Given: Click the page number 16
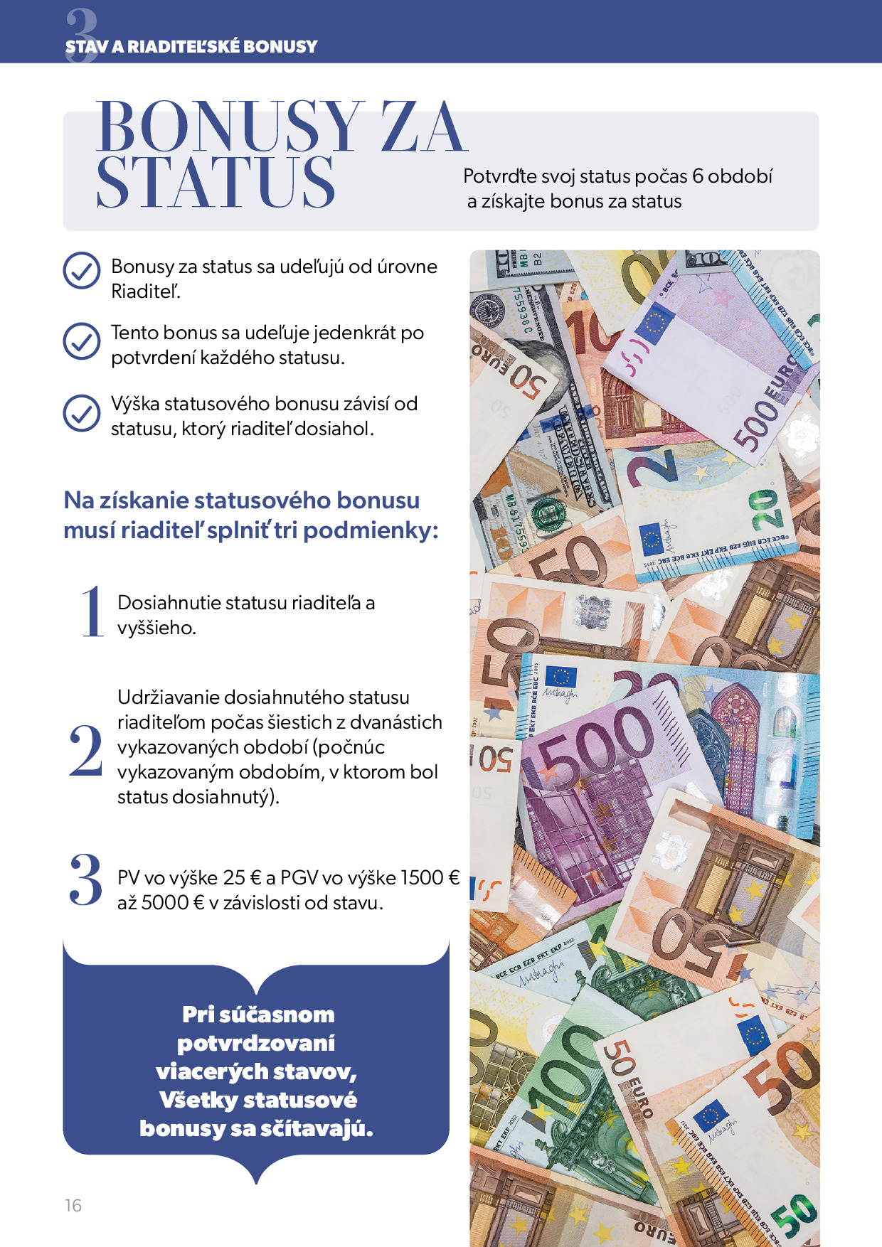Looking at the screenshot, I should (x=73, y=1205).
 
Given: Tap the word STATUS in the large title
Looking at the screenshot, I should (x=215, y=183).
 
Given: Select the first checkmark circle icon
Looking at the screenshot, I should (x=82, y=270).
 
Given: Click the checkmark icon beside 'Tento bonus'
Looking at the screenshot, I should (x=82, y=341).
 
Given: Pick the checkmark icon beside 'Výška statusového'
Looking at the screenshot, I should (x=82, y=413).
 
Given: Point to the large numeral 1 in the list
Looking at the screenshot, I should (x=92, y=611).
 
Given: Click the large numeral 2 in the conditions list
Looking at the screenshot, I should (x=86, y=750).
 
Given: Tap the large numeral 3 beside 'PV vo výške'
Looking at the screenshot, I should (x=86, y=880).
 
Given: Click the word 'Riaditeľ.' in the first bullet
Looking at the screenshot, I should (x=146, y=291).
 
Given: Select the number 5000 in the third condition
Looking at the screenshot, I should (x=165, y=903).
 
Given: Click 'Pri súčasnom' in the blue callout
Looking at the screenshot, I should (x=257, y=1014).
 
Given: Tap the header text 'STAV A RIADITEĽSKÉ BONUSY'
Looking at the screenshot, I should (x=191, y=47).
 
